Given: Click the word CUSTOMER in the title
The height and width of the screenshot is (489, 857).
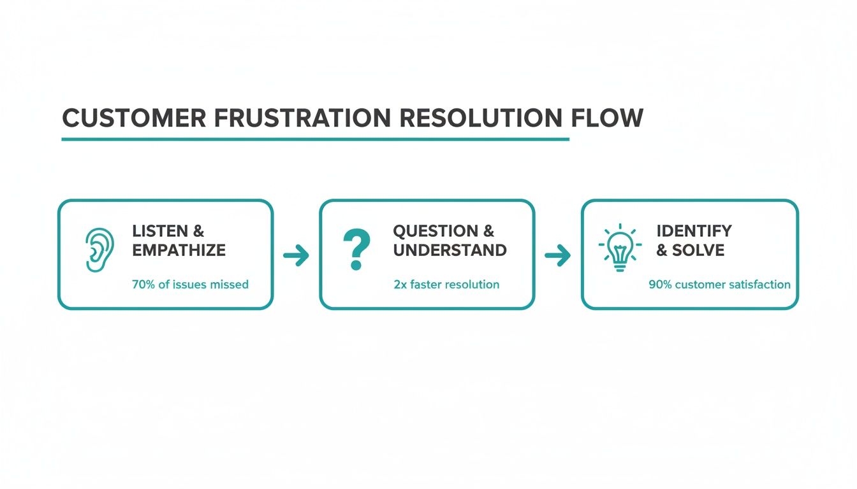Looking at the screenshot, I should [x=135, y=118].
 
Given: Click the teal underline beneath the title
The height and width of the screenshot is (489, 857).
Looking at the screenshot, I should [x=315, y=139].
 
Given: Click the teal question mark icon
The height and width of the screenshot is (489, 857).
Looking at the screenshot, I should [x=356, y=250].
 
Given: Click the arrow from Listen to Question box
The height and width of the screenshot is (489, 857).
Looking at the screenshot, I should [x=296, y=256].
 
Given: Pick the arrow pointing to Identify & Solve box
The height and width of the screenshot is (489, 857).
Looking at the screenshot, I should [x=557, y=256].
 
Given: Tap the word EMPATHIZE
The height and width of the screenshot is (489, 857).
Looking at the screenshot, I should [x=179, y=250].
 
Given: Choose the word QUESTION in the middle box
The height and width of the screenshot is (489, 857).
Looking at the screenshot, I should [x=435, y=231].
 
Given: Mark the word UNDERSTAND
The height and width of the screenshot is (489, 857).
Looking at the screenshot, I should [x=450, y=250].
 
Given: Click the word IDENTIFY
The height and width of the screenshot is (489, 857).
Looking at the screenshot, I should [x=694, y=231].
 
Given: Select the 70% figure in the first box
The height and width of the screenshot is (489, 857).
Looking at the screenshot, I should [x=143, y=285].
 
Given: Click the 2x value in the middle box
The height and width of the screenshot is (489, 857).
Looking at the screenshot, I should [x=400, y=285].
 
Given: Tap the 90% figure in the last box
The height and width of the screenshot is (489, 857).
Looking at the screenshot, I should [x=659, y=285].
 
